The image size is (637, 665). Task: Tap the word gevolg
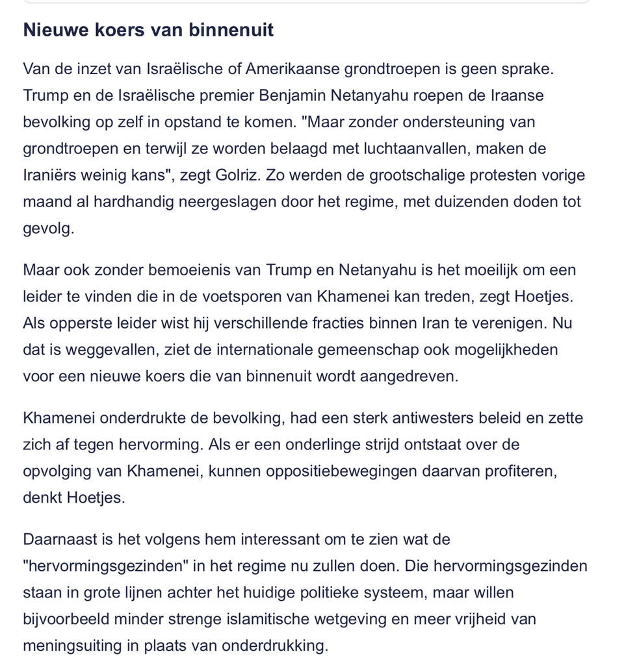(48, 229)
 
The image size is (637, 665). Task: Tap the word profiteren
(519, 471)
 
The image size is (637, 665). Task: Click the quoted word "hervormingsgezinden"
(105, 566)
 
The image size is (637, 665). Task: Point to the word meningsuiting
(73, 646)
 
